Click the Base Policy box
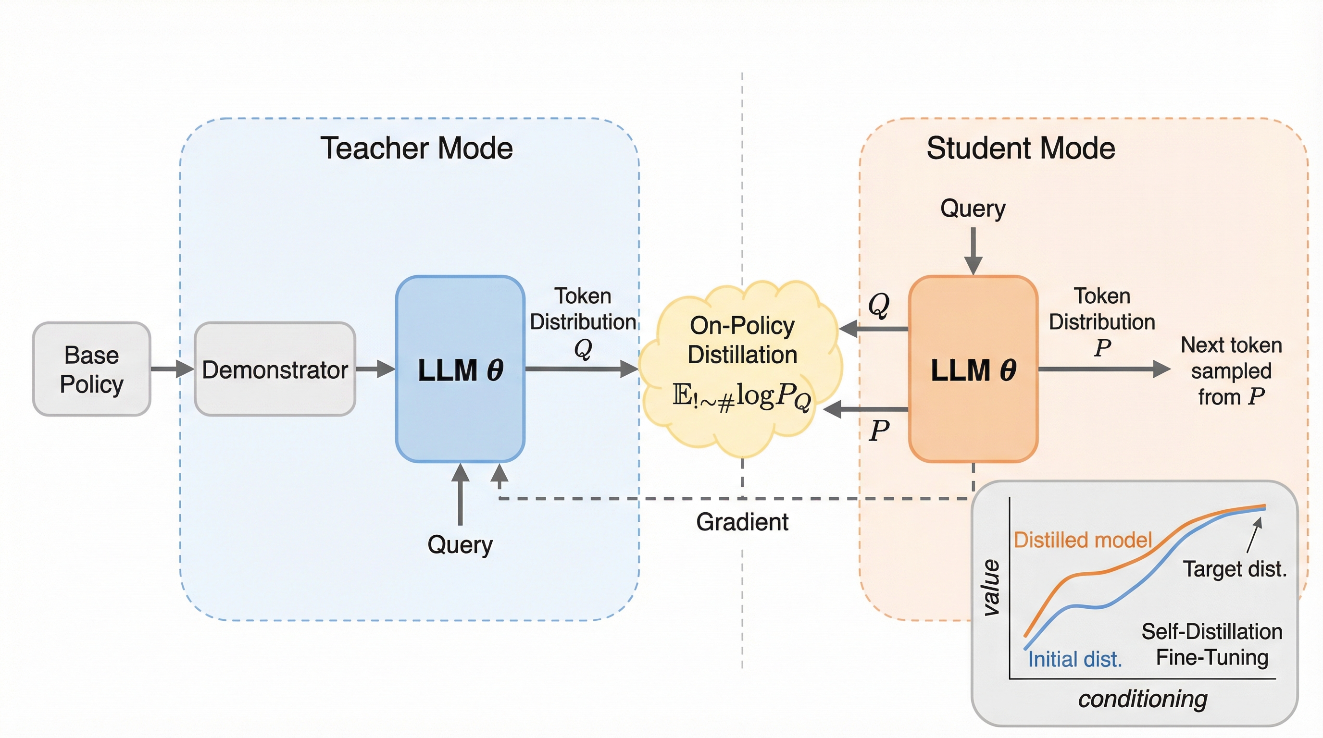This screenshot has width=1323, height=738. [x=91, y=369]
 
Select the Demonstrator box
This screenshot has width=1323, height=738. [x=275, y=369]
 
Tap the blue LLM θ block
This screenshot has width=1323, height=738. [x=460, y=369]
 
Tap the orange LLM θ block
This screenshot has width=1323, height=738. [x=973, y=369]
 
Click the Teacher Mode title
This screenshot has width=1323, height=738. [x=416, y=148]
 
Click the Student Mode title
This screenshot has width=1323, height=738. [x=1021, y=148]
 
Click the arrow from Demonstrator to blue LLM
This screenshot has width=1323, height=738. [x=375, y=369]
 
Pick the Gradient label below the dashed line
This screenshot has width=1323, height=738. [x=742, y=522]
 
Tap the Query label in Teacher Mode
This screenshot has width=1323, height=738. [x=460, y=544]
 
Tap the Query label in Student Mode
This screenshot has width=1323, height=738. [x=973, y=209]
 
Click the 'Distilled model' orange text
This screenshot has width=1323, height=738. [x=1083, y=540]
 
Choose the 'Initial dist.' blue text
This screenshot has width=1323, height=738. [x=1074, y=660]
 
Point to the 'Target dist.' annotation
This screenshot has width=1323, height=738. [x=1235, y=569]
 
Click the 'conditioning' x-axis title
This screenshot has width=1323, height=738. [x=1143, y=699]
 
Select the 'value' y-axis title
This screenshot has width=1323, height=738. [x=991, y=588]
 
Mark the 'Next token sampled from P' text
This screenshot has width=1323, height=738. [x=1231, y=370]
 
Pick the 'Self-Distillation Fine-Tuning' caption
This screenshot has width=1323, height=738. [x=1211, y=645]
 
